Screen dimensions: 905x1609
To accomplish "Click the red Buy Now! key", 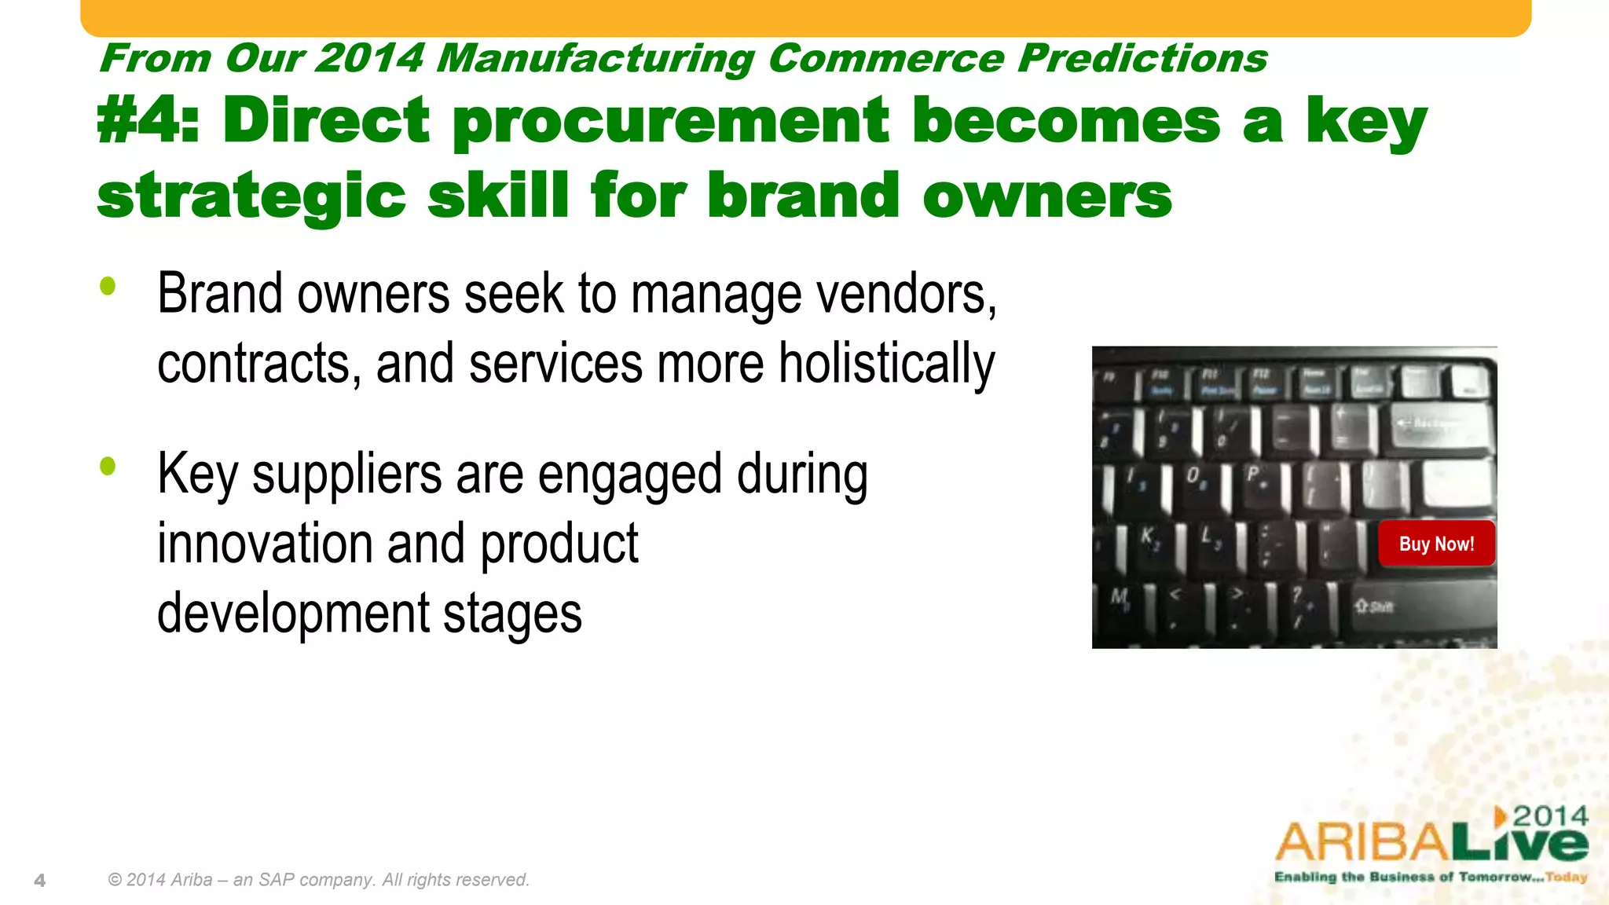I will click(x=1436, y=544).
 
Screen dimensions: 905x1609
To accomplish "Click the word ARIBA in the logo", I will click(x=1363, y=844).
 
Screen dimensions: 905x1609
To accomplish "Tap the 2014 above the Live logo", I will click(x=1550, y=816).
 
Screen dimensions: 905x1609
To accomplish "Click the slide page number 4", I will click(x=40, y=881).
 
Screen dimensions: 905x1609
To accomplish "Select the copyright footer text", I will click(x=319, y=880).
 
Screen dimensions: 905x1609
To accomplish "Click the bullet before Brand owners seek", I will click(x=108, y=286).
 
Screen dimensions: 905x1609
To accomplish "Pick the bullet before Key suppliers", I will click(x=108, y=467).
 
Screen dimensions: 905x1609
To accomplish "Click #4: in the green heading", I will click(x=148, y=121).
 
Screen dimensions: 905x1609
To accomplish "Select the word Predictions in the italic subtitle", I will click(x=1142, y=59).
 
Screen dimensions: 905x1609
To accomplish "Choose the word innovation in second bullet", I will click(x=264, y=544).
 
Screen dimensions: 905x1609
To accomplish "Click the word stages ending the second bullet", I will click(x=512, y=614).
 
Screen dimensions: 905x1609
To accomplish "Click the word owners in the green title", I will click(x=1046, y=196).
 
